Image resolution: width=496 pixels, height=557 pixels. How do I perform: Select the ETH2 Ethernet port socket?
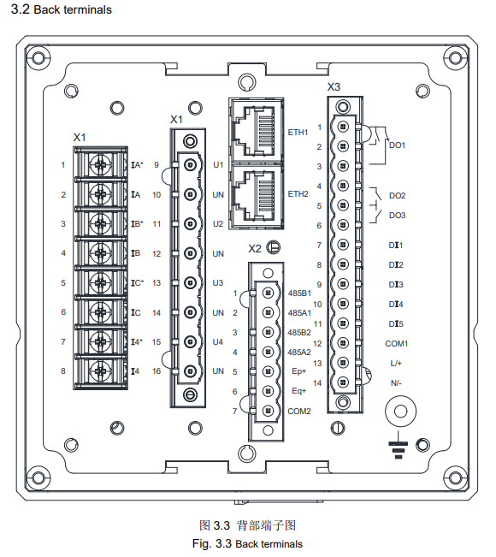pos(256,195)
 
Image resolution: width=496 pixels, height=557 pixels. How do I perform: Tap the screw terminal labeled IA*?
pos(101,164)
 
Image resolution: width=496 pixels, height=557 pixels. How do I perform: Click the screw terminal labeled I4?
pos(101,371)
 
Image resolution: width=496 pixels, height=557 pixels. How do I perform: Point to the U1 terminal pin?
pos(191,164)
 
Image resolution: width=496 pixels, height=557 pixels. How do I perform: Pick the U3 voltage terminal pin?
pos(191,282)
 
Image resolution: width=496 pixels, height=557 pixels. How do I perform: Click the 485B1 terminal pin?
pos(268,293)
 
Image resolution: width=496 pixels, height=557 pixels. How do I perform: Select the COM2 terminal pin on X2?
pos(268,411)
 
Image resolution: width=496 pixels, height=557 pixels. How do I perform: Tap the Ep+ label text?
pos(298,371)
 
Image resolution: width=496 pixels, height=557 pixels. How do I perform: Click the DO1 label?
pos(397,145)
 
